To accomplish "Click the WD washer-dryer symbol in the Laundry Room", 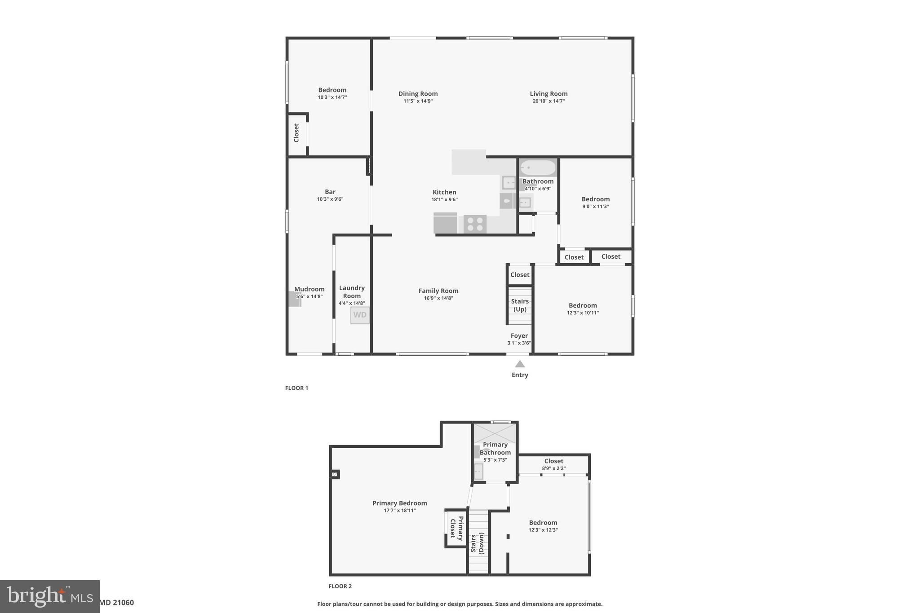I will pos(360,315).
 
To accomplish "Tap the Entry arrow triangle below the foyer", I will pos(520,364).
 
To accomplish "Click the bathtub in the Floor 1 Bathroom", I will pos(538,168).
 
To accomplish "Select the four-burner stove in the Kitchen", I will pos(475,224).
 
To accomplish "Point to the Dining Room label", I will pos(418,94).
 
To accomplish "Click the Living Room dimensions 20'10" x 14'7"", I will pos(548,101).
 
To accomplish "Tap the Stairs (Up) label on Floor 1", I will pos(520,305).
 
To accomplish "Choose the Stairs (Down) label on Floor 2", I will pos(477,543).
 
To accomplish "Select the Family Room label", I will pos(438,291).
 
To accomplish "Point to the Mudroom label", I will pos(309,289).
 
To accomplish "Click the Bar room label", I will pos(330,192).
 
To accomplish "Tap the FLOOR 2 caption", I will pos(340,586).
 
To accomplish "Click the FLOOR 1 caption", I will pos(296,388).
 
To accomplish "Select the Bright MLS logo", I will pos(49,596).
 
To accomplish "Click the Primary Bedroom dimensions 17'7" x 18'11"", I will pos(399,511).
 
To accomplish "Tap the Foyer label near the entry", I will pos(519,336).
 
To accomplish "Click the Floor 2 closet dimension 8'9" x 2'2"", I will pos(553,468).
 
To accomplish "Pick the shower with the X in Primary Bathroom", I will pos(495,433).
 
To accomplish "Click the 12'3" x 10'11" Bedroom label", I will pos(583,306).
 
